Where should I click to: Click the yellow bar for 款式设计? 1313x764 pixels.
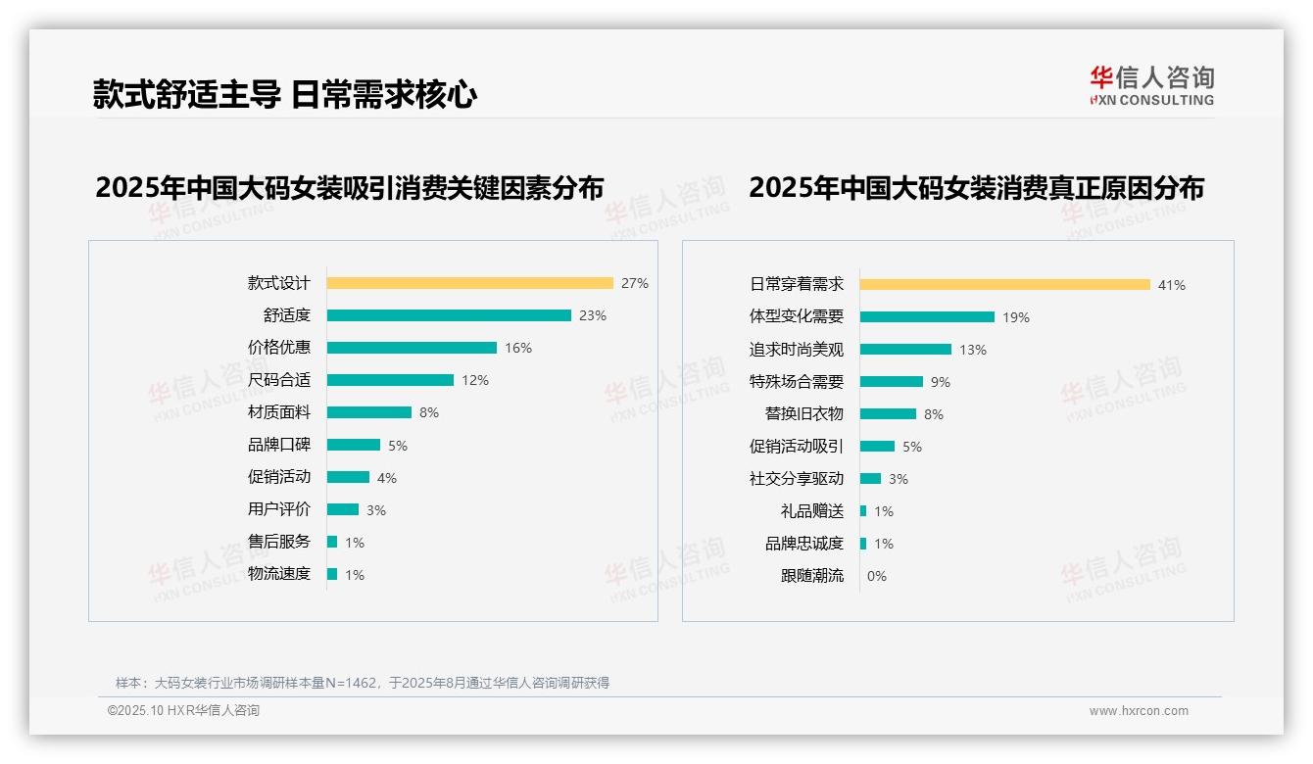(469, 283)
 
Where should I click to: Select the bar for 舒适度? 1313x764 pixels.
(449, 315)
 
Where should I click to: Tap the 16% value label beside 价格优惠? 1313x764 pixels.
(518, 348)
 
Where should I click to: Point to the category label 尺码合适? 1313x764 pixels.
(279, 380)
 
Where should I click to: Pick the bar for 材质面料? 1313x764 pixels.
(369, 412)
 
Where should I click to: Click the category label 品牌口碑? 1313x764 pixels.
(279, 445)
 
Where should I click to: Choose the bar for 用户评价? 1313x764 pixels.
(343, 509)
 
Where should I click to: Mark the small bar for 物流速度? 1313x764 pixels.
(332, 574)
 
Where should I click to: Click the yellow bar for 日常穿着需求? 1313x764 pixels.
(1005, 285)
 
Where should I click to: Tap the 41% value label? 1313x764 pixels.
(1172, 285)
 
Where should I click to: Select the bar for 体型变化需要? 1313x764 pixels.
(927, 317)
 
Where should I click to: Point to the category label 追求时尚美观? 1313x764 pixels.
(797, 350)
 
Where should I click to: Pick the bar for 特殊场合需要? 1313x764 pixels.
(892, 382)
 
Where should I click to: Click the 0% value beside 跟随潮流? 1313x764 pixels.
(877, 576)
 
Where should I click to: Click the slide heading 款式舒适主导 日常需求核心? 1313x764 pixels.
(285, 94)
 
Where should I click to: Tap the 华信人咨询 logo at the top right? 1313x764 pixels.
(1151, 85)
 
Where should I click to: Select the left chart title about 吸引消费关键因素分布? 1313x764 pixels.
(350, 187)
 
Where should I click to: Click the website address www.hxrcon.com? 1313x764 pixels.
(1139, 711)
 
